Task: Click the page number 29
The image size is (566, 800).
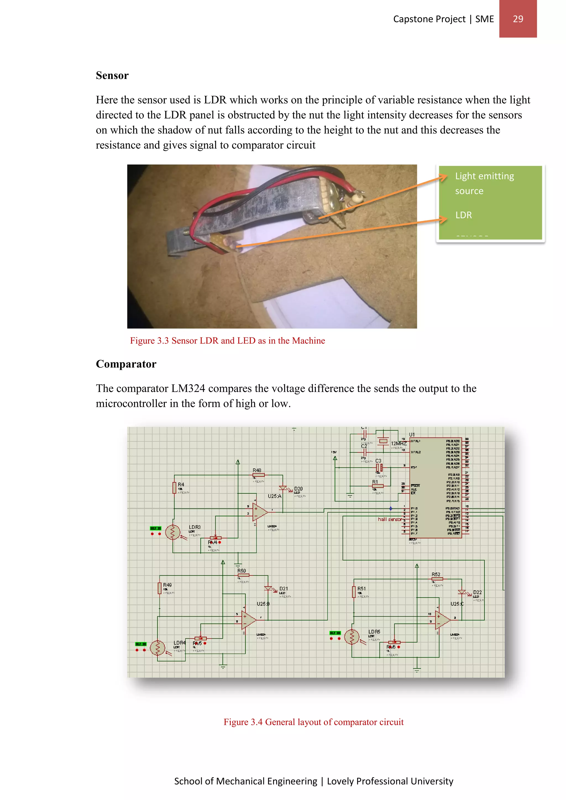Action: point(518,19)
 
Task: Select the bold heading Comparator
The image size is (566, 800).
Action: point(126,364)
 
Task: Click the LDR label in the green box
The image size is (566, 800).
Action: point(463,215)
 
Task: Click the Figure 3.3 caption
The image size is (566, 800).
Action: point(227,341)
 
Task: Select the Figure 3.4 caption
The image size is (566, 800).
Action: point(313,722)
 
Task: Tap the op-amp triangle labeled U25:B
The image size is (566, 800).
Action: point(248,620)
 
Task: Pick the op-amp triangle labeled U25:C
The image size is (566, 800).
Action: point(442,620)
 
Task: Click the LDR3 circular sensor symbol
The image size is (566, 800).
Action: point(172,532)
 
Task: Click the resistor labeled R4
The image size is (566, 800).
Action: point(174,488)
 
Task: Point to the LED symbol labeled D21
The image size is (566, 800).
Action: point(268,588)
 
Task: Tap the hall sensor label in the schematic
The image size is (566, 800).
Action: point(390,519)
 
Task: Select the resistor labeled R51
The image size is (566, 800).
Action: point(354,592)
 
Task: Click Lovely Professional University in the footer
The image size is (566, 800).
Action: point(390,781)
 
